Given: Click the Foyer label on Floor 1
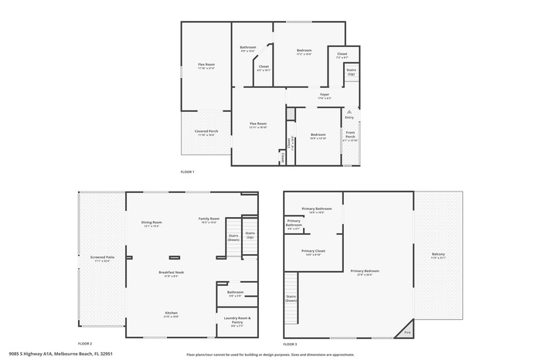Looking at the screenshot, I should tap(325, 96).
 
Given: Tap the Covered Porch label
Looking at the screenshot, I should tap(206, 132).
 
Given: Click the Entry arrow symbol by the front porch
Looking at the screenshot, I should tap(349, 112).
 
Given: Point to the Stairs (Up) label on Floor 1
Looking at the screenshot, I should tap(351, 71).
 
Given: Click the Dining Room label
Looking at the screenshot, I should tap(151, 223).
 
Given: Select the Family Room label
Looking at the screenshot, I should tap(209, 219).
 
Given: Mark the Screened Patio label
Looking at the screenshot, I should tap(102, 260).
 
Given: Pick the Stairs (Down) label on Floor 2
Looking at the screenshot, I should tap(233, 236).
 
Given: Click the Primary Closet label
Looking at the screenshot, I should tap(313, 252).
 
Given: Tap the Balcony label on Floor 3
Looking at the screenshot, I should tap(438, 256).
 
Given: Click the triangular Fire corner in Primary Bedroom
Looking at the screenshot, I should tap(407, 334).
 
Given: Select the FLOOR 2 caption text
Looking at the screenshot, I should tap(85, 344).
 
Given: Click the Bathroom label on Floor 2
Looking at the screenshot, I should tap(235, 293).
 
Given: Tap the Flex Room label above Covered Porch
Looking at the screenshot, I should tap(206, 66).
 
